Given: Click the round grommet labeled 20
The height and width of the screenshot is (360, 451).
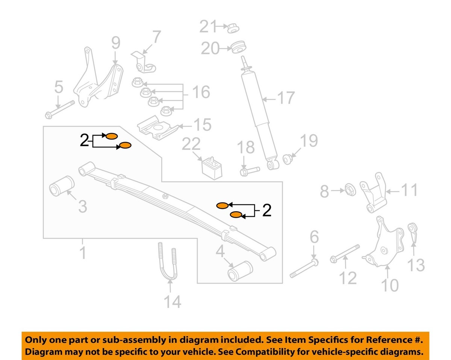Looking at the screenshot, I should point(239,48).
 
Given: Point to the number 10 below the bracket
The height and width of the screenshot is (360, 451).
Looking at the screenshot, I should point(390,285).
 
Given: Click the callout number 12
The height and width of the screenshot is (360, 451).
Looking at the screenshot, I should point(348,278).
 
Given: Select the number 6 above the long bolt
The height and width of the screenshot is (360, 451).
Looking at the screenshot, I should point(314,238).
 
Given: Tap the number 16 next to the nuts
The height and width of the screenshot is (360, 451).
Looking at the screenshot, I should point(200,92).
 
